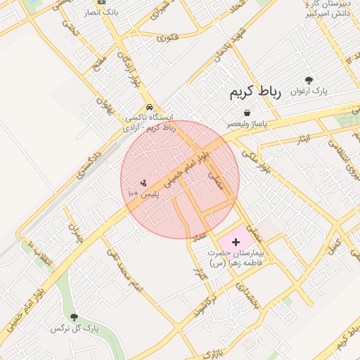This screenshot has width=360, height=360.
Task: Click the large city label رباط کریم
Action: (x=254, y=93)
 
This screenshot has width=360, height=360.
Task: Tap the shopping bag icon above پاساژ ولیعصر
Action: (x=247, y=112)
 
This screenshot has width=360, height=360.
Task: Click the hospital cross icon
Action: (x=236, y=241)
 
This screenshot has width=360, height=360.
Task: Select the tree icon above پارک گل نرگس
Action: (x=74, y=318)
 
